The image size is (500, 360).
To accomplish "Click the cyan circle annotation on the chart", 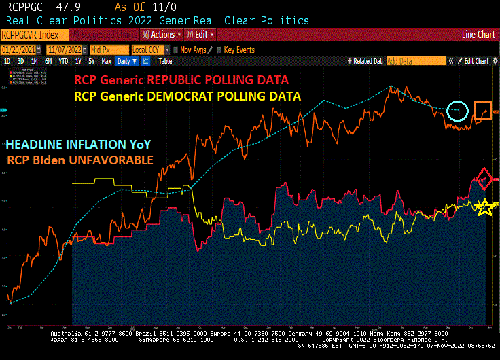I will point(459,108).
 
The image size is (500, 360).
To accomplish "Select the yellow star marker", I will point(483,208).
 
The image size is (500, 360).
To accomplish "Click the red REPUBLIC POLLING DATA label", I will point(182,80).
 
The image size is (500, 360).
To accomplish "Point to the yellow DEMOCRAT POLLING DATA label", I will point(187,96).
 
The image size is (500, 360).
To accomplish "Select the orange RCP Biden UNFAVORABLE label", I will point(80,160).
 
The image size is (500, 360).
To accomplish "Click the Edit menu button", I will point(203,34).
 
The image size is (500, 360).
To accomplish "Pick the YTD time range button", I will point(63,61).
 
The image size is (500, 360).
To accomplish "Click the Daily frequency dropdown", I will point(126,61).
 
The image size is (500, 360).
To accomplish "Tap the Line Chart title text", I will point(478,34).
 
